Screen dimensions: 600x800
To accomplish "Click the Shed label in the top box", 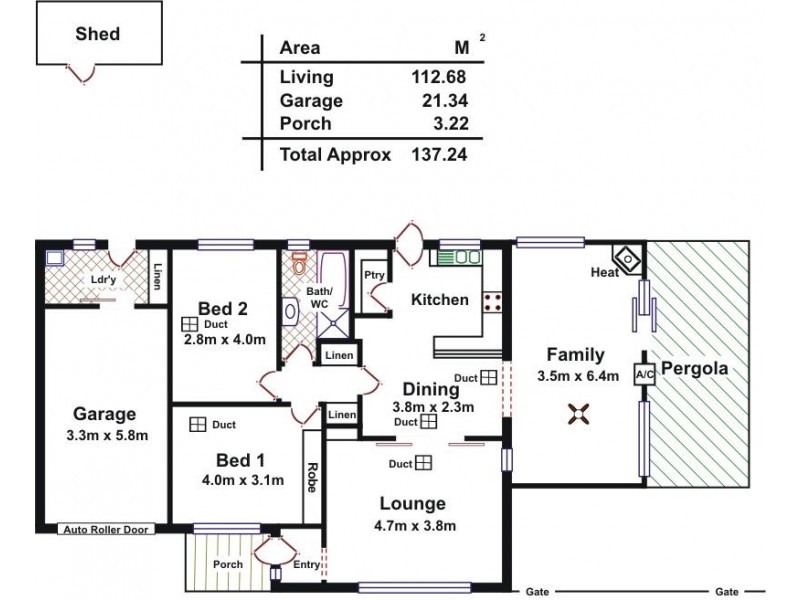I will pos(97,34).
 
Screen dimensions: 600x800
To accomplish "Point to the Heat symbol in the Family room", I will pos(627,257).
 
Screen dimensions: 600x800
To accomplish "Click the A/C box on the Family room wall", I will pos(645,374).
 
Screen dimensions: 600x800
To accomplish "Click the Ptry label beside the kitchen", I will pos(375,276).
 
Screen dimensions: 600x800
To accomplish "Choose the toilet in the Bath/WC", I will pos(299,264).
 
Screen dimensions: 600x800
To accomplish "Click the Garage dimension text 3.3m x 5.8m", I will pos(104,435).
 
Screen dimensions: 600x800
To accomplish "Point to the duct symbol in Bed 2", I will pos(189,325).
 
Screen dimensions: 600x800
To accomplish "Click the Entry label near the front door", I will pos(306,565).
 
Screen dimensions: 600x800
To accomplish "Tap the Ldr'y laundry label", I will pos(103,280).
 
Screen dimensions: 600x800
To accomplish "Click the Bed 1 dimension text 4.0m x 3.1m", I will pos(243,480).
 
